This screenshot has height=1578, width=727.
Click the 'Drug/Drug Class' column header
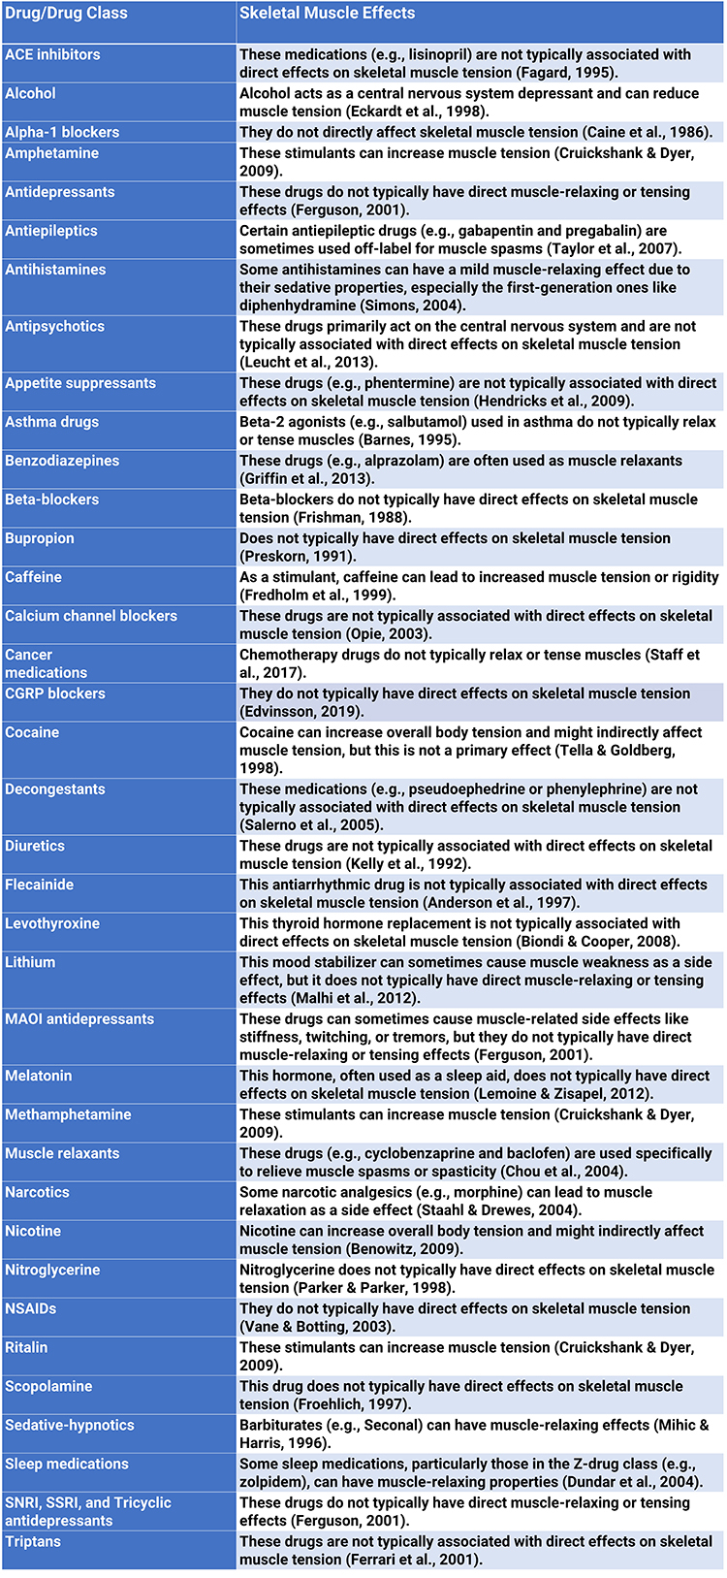pos(66,14)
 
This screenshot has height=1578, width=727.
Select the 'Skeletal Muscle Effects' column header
pos(327,14)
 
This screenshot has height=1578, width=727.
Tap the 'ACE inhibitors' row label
pos(52,54)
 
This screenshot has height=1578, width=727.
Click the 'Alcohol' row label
pos(30,93)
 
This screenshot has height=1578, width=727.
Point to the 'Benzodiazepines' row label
pos(62,461)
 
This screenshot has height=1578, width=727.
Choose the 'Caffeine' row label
pos(33,577)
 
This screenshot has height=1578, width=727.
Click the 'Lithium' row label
pos(30,962)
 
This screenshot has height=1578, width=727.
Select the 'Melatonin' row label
pos(38,1076)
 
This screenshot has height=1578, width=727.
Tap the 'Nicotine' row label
pos(33,1231)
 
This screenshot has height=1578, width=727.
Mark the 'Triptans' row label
pos(33,1541)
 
